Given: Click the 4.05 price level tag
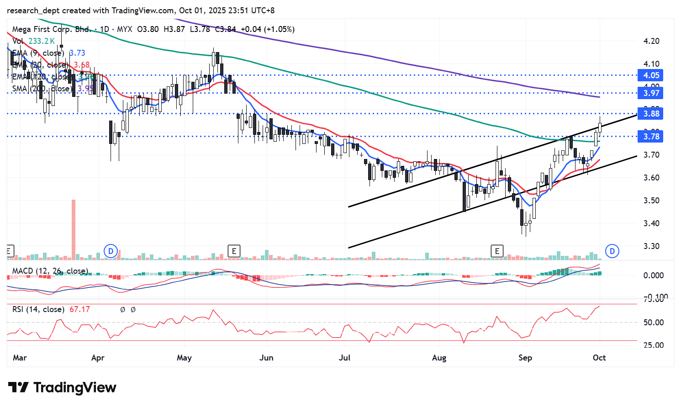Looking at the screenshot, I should click(x=651, y=75).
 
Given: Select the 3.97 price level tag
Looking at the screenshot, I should click(x=651, y=93).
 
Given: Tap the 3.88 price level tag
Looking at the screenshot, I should click(x=651, y=114).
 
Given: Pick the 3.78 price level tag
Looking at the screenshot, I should click(x=651, y=137).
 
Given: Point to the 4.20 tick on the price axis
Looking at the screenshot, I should click(x=651, y=41).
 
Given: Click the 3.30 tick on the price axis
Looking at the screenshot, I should click(x=651, y=246).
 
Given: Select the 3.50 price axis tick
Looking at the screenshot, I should click(x=651, y=201).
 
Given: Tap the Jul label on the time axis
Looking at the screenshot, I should click(x=344, y=358).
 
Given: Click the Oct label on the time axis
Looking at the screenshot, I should click(x=599, y=358).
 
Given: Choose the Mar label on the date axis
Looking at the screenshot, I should click(x=20, y=358).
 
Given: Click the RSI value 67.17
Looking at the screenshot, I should click(x=79, y=310).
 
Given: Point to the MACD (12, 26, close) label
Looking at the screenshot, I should click(x=50, y=271).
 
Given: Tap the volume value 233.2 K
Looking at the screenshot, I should click(x=42, y=41).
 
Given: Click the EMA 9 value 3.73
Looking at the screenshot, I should click(x=77, y=53).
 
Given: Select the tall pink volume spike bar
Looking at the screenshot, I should click(x=73, y=228).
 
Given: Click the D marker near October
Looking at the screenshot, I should click(x=612, y=251).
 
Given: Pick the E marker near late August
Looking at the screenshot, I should click(x=497, y=251).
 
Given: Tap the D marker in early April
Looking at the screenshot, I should click(x=111, y=251).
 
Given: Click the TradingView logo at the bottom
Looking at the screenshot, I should click(x=63, y=388).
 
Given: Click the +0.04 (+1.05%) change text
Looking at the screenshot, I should click(x=268, y=29).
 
